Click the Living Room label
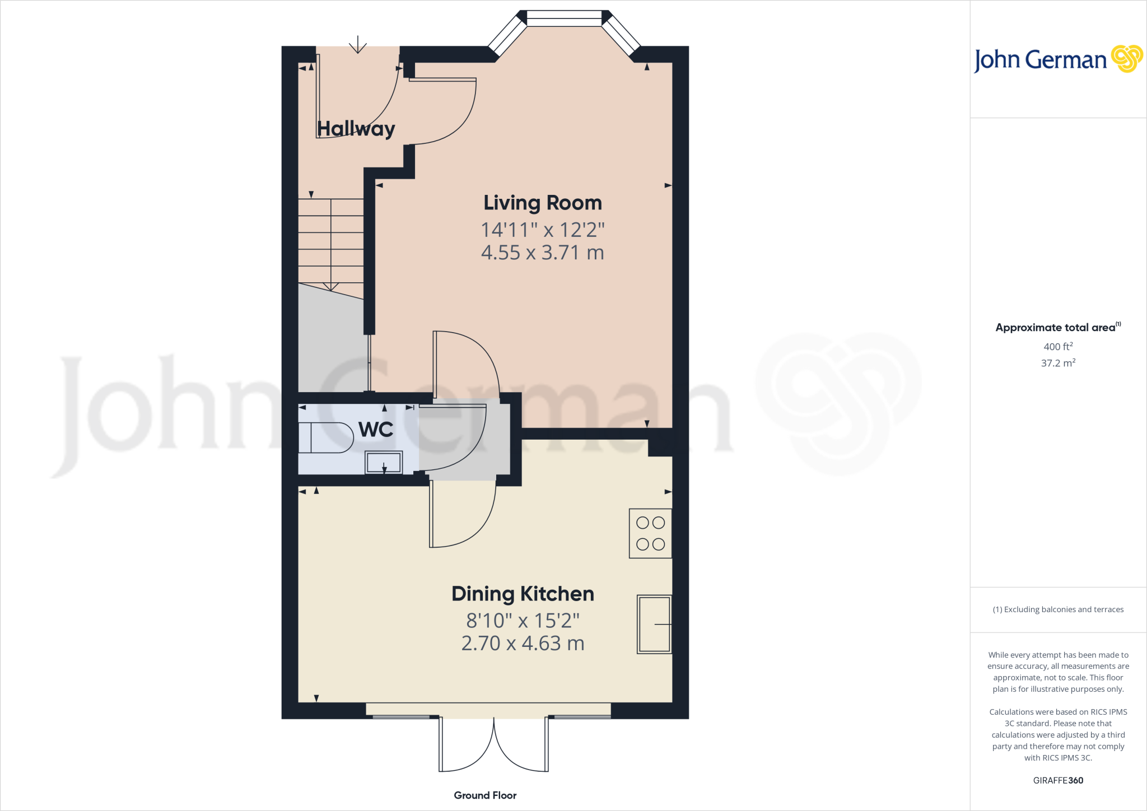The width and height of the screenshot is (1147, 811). click(x=542, y=203)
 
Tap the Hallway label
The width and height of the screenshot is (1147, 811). click(x=356, y=129)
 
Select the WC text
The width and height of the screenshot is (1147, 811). click(x=376, y=430)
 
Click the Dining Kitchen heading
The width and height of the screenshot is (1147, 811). click(x=523, y=594)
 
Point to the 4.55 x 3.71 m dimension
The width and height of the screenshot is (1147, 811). click(x=542, y=253)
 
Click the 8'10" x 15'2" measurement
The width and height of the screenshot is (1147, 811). click(x=523, y=621)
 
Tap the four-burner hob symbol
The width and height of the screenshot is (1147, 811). click(x=650, y=533)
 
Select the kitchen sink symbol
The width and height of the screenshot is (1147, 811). click(x=654, y=624)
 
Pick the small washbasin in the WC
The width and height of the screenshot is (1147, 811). click(x=384, y=463)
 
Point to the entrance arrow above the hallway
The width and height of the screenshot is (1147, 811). click(x=358, y=45)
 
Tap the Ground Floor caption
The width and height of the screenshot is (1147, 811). click(x=485, y=795)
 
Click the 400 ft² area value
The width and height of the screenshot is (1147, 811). click(x=1058, y=347)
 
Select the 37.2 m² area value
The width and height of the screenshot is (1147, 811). click(x=1058, y=363)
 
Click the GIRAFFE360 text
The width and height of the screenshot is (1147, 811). click(x=1058, y=780)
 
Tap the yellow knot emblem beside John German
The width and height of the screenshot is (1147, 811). click(x=1126, y=59)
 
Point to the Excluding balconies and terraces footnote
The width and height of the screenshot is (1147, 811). click(x=1058, y=609)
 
